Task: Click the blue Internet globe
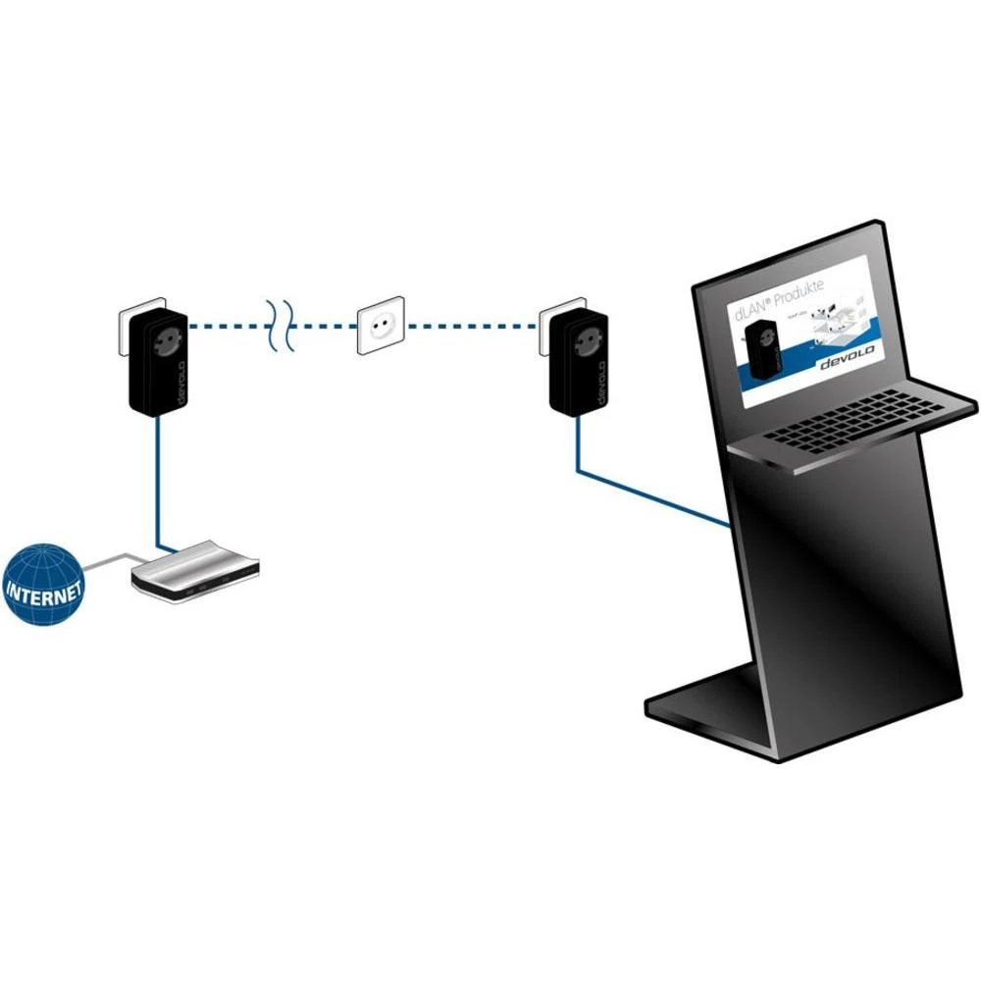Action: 44,587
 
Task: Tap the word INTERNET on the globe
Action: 44,592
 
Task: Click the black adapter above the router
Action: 158,361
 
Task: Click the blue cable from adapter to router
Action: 158,481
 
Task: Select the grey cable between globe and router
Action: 108,561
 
